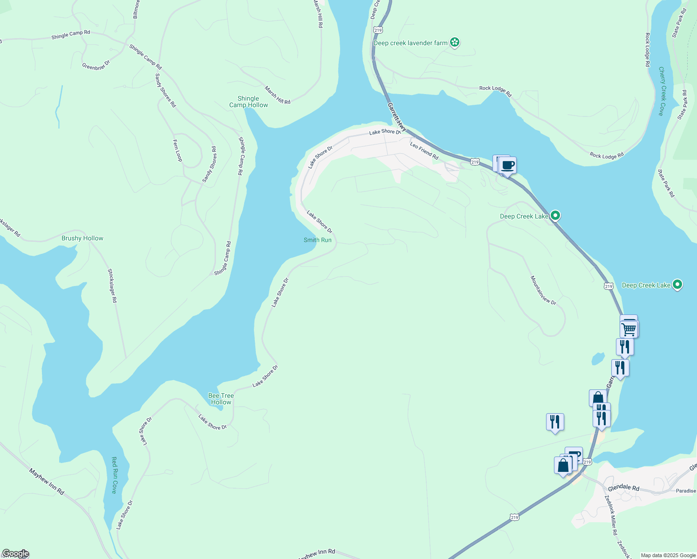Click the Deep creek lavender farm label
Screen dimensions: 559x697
410,43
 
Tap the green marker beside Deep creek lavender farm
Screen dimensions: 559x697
455,43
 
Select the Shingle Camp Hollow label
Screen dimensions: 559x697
248,102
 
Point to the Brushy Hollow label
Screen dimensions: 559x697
82,238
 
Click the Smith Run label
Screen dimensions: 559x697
317,240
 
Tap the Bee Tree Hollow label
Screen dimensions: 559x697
221,399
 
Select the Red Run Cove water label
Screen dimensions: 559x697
114,475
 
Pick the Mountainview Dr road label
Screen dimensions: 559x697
543,290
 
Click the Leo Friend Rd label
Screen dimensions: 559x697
424,151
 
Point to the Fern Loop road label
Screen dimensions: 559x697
178,150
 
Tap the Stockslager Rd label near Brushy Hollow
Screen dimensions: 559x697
112,286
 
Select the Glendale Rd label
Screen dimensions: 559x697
623,487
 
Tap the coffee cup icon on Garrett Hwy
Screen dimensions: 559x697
507,165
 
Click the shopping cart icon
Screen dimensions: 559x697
629,329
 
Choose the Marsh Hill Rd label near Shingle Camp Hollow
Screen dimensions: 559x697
278,95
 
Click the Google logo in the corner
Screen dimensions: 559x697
15,553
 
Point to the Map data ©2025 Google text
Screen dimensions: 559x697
668,555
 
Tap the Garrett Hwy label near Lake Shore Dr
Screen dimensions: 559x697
397,117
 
